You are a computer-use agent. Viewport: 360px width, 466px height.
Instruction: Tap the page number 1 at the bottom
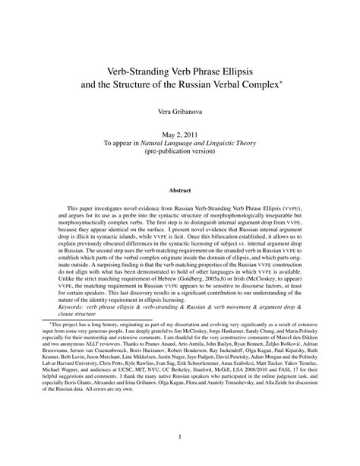pos(180,436)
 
